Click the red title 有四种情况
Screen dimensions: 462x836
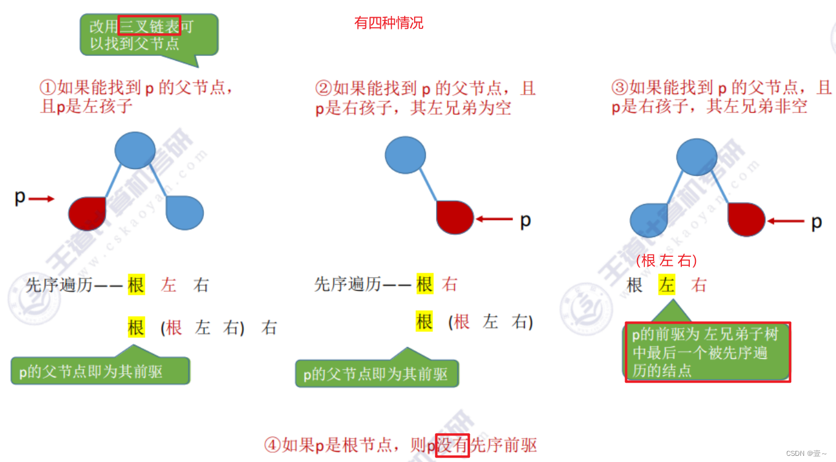tap(389, 23)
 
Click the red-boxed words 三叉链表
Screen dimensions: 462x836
tap(150, 26)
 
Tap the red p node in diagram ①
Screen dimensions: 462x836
tap(88, 213)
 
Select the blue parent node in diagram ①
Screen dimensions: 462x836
tap(135, 150)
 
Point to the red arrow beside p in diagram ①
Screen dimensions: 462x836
tap(42, 198)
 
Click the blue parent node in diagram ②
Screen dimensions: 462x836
tap(405, 154)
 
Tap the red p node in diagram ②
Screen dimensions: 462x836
tap(455, 217)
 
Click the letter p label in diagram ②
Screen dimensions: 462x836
tap(525, 220)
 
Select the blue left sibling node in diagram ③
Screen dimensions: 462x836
tap(649, 220)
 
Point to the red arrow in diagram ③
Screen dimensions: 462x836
tap(786, 221)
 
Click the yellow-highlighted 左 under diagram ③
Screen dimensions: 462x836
tap(666, 285)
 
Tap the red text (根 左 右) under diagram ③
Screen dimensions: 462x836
tap(667, 261)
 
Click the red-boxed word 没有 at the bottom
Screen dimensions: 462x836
tap(452, 445)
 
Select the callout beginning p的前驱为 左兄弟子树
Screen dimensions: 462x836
tap(706, 353)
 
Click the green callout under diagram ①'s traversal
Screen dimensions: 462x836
tap(100, 370)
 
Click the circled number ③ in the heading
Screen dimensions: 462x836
tap(619, 88)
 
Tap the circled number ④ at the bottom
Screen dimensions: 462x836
tap(272, 445)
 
